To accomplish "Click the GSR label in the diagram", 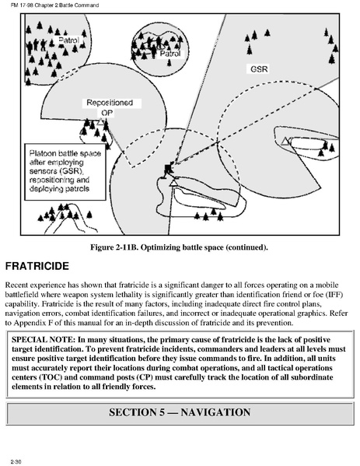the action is tap(259, 69).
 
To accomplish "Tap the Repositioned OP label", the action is tap(110, 107).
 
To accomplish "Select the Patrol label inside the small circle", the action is tap(170, 54).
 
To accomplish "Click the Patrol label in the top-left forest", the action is tap(68, 40).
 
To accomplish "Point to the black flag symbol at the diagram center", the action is tap(169, 169).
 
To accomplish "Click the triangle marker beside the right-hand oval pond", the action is tap(285, 141).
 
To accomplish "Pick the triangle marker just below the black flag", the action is tap(173, 182).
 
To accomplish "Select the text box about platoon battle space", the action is tap(65, 172).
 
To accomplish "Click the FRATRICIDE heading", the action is tap(37, 266).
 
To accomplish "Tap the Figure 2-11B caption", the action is tap(179, 247).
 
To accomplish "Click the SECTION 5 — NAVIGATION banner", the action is tap(180, 412).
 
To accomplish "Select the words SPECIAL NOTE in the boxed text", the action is tap(43, 339).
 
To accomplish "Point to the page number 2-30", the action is tap(16, 461).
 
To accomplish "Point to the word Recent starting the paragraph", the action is tap(16, 286).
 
